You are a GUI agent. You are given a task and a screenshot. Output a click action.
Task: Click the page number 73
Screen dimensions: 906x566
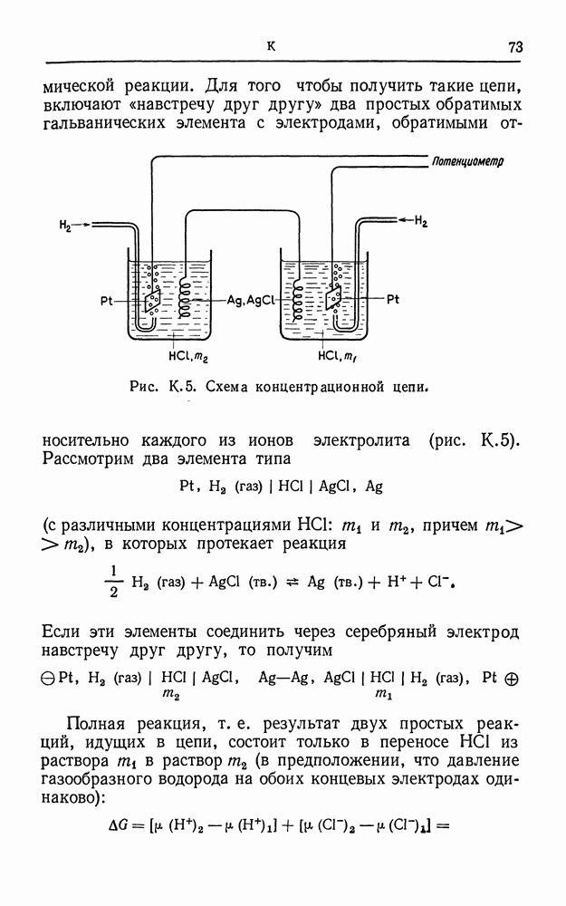coord(515,47)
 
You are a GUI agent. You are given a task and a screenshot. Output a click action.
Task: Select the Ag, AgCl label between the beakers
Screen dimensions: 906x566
coord(247,300)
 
